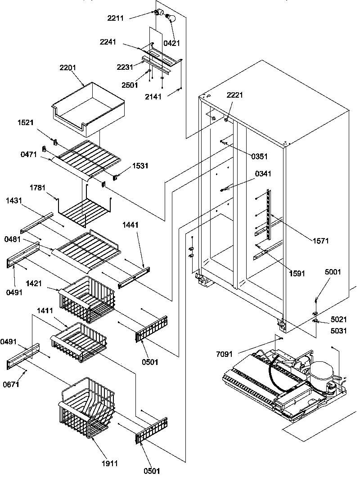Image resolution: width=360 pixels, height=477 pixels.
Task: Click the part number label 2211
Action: tap(116, 18)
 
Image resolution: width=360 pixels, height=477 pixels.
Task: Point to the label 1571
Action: tap(322, 241)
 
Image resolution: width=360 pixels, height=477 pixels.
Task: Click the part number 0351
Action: tap(259, 157)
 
